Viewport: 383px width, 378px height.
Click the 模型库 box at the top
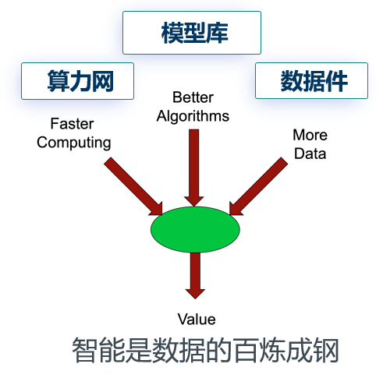pos(192,33)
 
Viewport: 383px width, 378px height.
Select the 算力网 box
pos(77,81)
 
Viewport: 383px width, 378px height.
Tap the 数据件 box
pos(311,80)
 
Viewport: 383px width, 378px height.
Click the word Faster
pos(72,124)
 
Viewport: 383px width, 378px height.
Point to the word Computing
pos(74,143)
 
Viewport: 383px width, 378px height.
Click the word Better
pos(193,97)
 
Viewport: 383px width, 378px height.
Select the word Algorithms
pos(193,116)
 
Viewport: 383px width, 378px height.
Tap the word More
pos(310,135)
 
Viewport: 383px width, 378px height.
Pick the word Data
pos(310,154)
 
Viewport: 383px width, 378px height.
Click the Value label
pos(197,320)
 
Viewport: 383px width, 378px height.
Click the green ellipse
pos(195,229)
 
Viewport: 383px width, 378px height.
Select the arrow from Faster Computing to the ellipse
pos(133,186)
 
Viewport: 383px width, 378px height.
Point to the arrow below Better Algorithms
pos(194,168)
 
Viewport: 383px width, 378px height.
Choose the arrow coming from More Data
pos(258,186)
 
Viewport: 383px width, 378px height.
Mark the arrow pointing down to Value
pos(195,276)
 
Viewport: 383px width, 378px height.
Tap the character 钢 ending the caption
pos(326,350)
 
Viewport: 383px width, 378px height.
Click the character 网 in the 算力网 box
pos(103,81)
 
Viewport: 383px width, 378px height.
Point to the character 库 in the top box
pos(217,33)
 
